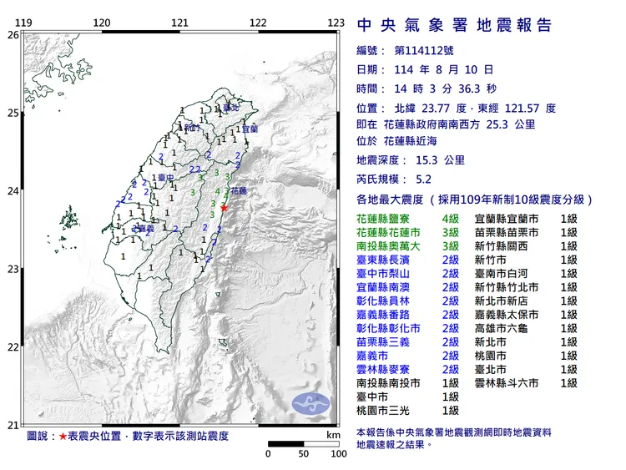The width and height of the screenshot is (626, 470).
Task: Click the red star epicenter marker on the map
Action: point(225,208)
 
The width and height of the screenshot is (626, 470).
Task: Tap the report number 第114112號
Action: point(424,51)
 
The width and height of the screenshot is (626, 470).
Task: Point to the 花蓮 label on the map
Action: point(238,190)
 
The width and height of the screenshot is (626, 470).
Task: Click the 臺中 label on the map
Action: point(164,178)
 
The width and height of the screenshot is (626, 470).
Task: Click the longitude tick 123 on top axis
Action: point(336,23)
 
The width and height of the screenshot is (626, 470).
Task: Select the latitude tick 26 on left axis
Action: point(12,35)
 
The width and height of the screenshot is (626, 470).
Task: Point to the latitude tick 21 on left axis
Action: point(12,426)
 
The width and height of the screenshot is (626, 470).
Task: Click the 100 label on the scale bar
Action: point(338,454)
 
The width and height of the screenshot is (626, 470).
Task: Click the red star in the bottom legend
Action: point(63,437)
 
